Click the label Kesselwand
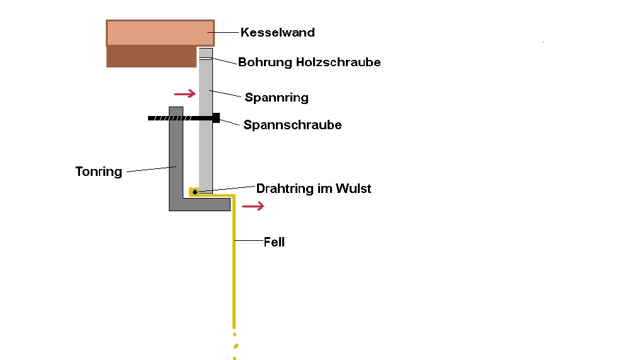pyautogui.click(x=277, y=32)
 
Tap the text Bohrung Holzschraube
pyautogui.click(x=309, y=62)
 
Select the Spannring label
pyautogui.click(x=277, y=98)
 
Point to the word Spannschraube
pyautogui.click(x=292, y=125)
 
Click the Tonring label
pyautogui.click(x=98, y=171)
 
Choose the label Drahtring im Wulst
pyautogui.click(x=313, y=189)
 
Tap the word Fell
pyautogui.click(x=274, y=242)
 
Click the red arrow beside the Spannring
pyautogui.click(x=185, y=94)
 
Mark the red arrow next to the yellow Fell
pyautogui.click(x=253, y=206)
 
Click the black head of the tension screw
pyautogui.click(x=215, y=118)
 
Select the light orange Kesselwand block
pyautogui.click(x=160, y=33)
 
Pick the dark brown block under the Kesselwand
pyautogui.click(x=151, y=56)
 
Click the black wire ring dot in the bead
pyautogui.click(x=195, y=192)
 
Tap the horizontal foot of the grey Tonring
pyautogui.click(x=202, y=205)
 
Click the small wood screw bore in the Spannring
pyautogui.click(x=205, y=59)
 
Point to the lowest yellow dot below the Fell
pyautogui.click(x=234, y=358)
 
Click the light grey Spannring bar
pyautogui.click(x=205, y=151)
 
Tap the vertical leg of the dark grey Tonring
pyautogui.click(x=176, y=158)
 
